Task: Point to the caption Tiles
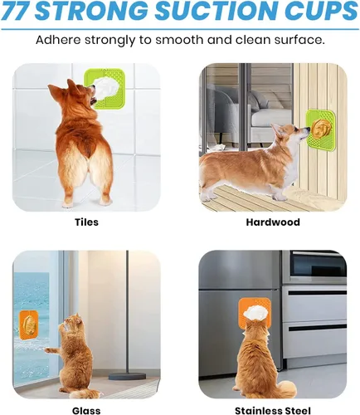tap(87, 222)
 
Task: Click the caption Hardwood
tap(273, 222)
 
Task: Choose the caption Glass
tap(87, 409)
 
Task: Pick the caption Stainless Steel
tap(273, 409)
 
